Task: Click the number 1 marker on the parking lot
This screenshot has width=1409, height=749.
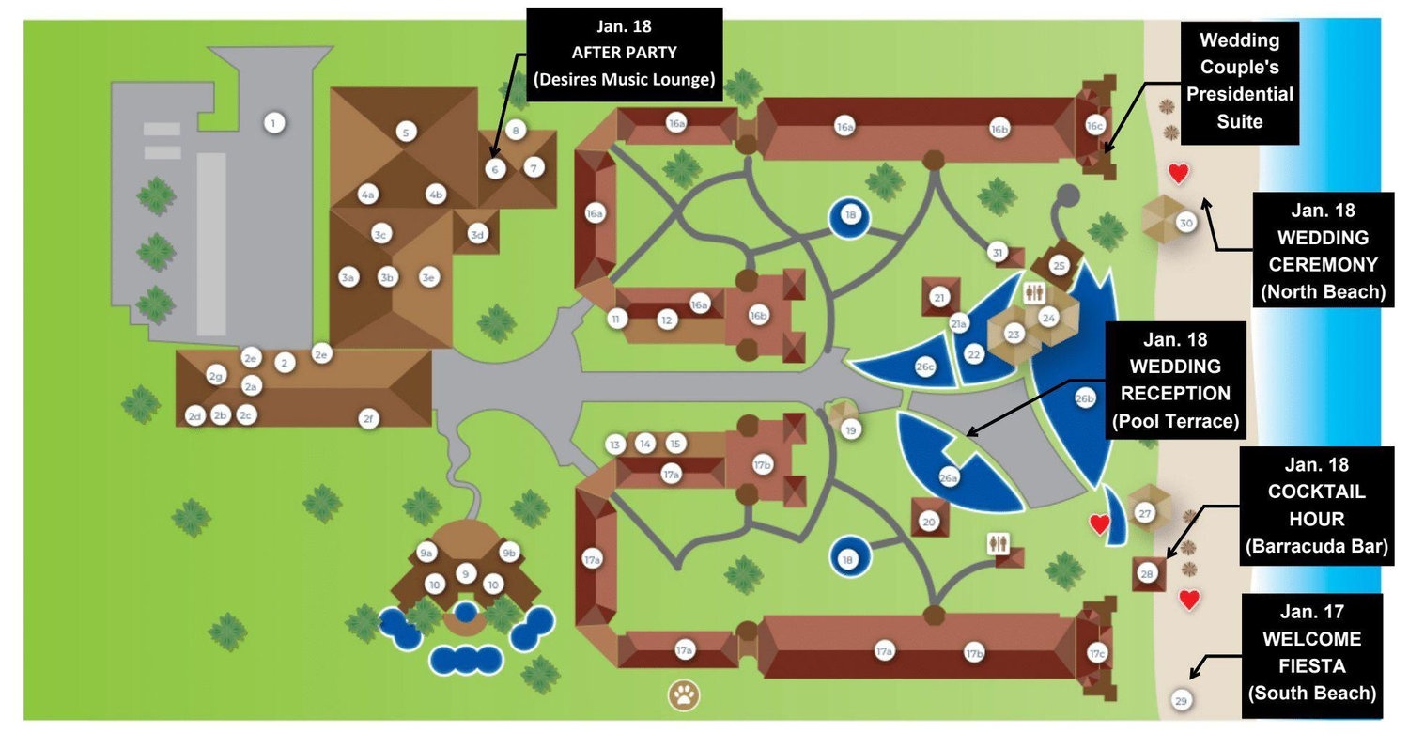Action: click(x=273, y=123)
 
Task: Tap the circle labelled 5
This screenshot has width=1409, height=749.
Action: click(x=406, y=133)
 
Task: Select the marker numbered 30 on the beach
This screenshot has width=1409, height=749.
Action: click(x=1185, y=222)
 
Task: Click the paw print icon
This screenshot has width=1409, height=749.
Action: click(x=684, y=695)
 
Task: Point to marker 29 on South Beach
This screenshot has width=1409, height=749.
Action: click(x=1182, y=700)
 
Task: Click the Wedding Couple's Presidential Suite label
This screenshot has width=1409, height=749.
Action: click(x=1239, y=83)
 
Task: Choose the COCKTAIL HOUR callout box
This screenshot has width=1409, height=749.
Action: click(x=1317, y=506)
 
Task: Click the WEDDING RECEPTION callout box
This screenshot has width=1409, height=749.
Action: click(x=1175, y=381)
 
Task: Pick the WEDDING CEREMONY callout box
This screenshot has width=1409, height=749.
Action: click(x=1323, y=251)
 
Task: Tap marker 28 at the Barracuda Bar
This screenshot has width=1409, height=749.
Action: click(x=1147, y=573)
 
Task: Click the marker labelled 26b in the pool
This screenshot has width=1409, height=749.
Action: click(x=1084, y=398)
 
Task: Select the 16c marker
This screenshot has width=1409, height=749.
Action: click(x=1094, y=126)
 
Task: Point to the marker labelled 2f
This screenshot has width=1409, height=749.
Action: click(x=368, y=418)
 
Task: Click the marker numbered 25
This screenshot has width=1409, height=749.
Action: click(x=1059, y=266)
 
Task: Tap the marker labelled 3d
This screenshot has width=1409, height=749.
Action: click(x=477, y=235)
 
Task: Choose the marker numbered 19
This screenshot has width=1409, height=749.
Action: click(x=851, y=430)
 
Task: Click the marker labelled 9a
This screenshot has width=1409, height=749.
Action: click(x=426, y=553)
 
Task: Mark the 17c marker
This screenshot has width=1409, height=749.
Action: click(x=1097, y=653)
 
